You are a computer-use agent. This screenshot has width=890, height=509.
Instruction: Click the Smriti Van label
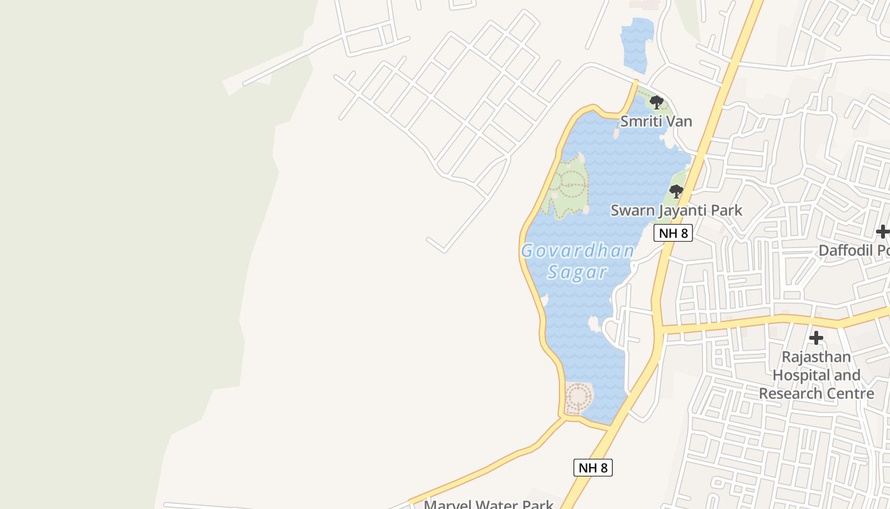(x=656, y=121)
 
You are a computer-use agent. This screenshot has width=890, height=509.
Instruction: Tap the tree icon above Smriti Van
(x=657, y=102)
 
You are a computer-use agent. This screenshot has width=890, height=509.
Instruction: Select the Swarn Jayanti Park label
(x=676, y=210)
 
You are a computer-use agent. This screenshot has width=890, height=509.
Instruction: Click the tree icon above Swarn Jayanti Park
(x=676, y=191)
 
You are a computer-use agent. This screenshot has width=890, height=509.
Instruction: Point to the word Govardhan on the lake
(x=577, y=251)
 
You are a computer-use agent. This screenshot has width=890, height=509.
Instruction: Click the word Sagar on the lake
(x=577, y=272)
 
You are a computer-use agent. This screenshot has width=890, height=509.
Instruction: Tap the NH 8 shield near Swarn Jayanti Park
(x=673, y=233)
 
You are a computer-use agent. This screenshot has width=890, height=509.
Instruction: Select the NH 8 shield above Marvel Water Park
(x=593, y=468)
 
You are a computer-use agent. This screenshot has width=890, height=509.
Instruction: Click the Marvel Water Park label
(x=488, y=505)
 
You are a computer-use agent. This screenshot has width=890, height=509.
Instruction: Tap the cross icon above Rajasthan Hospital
(x=816, y=338)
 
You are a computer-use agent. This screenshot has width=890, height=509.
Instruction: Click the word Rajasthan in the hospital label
(x=816, y=357)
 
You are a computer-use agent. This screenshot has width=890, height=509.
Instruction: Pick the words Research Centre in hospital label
(x=817, y=394)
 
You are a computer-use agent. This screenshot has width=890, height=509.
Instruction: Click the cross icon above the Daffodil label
(x=882, y=232)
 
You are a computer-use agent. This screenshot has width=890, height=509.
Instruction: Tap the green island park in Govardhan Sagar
(x=570, y=186)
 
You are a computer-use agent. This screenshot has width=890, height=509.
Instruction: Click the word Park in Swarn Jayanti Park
(x=727, y=210)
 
